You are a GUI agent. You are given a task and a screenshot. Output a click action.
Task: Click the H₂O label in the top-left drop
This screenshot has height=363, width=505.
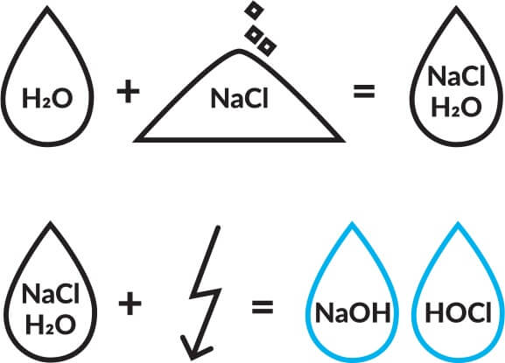(47, 98)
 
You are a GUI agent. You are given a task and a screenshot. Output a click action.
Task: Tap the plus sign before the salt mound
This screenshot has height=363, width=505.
(128, 91)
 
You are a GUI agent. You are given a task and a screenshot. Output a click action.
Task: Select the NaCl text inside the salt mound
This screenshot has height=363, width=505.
(239, 98)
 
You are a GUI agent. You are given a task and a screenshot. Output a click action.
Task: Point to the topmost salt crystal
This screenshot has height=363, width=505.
(254, 10)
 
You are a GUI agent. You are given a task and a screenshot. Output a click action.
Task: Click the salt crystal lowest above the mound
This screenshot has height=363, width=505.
(267, 47)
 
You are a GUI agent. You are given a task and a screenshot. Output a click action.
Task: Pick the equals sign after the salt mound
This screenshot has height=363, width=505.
(364, 91)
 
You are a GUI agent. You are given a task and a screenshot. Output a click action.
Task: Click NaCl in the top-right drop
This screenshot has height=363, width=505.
(456, 76)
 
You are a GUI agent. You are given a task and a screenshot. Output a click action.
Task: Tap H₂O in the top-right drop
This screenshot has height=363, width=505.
(456, 107)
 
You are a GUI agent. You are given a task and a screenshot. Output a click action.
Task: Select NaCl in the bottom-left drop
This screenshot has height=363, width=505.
(51, 294)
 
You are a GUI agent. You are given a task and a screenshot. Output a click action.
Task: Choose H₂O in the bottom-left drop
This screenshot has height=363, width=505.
(51, 325)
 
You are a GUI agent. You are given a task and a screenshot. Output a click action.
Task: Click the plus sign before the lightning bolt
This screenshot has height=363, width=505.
(130, 304)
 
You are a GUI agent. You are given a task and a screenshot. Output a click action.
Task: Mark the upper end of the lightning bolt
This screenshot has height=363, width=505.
(218, 227)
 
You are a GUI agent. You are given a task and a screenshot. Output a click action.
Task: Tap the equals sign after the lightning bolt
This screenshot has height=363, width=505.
(263, 307)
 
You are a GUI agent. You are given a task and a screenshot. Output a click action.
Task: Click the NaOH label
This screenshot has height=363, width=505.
(353, 312)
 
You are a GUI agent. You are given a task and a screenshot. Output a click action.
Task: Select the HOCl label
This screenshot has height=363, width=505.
(458, 312)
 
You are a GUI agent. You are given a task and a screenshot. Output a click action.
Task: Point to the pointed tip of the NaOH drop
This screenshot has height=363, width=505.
(353, 223)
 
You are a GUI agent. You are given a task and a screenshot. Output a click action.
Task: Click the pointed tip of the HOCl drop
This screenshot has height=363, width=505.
(458, 223)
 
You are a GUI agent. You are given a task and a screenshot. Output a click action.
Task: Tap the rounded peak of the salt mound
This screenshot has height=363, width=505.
(239, 51)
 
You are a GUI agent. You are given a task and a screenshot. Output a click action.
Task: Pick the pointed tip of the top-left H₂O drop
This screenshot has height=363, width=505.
(47, 8)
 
